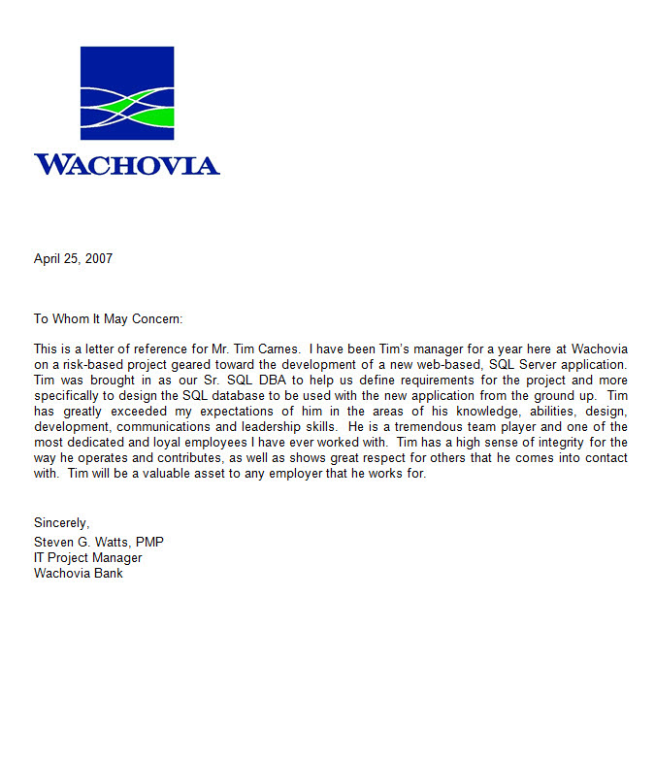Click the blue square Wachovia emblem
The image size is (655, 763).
click(x=127, y=93)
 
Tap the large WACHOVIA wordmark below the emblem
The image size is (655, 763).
click(x=127, y=164)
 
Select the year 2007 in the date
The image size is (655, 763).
click(x=98, y=259)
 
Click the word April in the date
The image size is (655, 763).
click(x=48, y=259)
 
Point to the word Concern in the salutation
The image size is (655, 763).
click(x=156, y=318)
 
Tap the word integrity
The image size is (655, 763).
click(x=546, y=442)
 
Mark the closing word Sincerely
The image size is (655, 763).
click(x=61, y=523)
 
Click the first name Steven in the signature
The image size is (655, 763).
click(x=54, y=542)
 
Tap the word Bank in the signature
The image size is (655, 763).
click(x=108, y=573)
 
